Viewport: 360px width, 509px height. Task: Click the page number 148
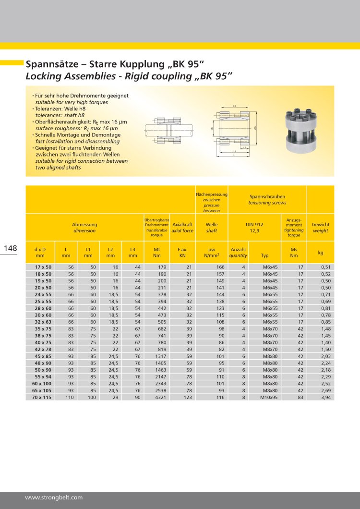point(10,248)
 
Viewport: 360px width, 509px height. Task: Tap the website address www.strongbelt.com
point(54,497)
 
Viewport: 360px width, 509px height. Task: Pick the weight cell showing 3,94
point(325,398)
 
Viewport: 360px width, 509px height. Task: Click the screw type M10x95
point(268,398)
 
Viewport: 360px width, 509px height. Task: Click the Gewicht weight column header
point(321,228)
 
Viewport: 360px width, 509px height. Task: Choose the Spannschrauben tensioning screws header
point(267,200)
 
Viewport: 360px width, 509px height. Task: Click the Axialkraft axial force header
point(182,228)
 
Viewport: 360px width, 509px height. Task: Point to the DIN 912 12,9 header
point(254,228)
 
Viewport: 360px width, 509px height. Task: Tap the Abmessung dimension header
point(84,228)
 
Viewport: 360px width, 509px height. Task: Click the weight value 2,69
point(325,391)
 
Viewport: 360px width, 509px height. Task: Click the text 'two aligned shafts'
point(58,168)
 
